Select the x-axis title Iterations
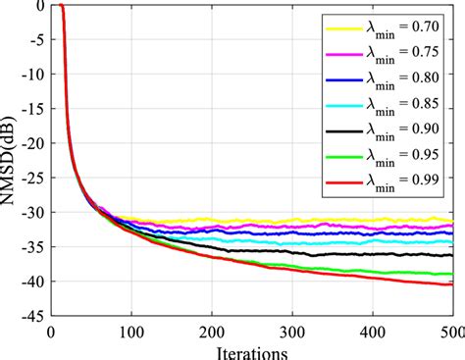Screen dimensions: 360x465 click(x=252, y=351)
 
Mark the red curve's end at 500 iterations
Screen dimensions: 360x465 click(x=452, y=284)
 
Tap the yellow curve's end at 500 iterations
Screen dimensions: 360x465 click(x=452, y=220)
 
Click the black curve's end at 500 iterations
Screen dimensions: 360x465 click(x=452, y=255)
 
